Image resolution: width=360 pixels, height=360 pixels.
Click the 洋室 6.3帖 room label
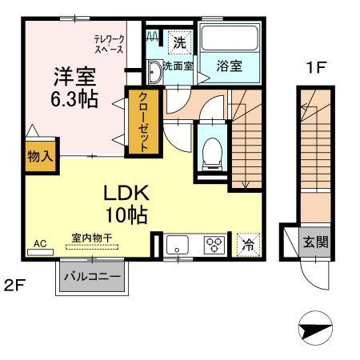pos(75,89)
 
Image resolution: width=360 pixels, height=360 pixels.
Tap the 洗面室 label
pos(177,66)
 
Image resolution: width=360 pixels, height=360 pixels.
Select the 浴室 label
pos(230,66)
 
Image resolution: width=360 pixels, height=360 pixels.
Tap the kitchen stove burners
pos(215,244)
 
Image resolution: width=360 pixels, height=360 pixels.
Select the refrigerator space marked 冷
pos(249,245)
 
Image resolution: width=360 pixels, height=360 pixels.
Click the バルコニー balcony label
pos(92,278)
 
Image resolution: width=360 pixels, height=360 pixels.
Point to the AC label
pos(40,242)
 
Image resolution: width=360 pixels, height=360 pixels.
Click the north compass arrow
pos(314,329)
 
